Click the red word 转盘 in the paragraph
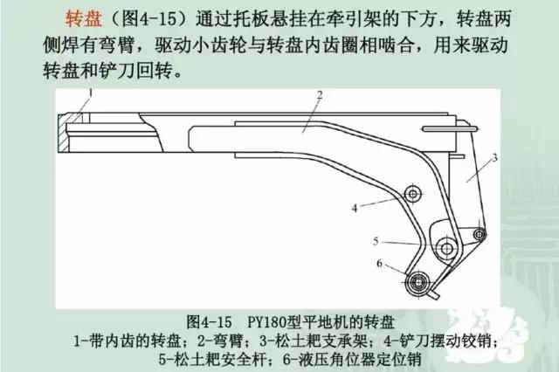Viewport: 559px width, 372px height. point(84,18)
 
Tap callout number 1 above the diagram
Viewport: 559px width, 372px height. point(91,93)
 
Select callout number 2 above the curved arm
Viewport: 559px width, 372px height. point(320,95)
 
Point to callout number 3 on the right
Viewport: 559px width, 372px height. point(494,157)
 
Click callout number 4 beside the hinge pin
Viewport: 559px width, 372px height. point(355,208)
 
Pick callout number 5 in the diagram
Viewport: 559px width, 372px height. point(376,242)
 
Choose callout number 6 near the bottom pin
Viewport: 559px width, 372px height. point(379,264)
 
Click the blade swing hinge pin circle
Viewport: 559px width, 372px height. point(412,194)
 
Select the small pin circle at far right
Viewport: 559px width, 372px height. point(480,234)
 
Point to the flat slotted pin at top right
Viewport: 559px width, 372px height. point(450,128)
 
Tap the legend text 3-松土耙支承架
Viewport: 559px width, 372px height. point(313,341)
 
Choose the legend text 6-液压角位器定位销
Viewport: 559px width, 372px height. point(352,359)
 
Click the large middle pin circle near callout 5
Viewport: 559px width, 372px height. point(446,248)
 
